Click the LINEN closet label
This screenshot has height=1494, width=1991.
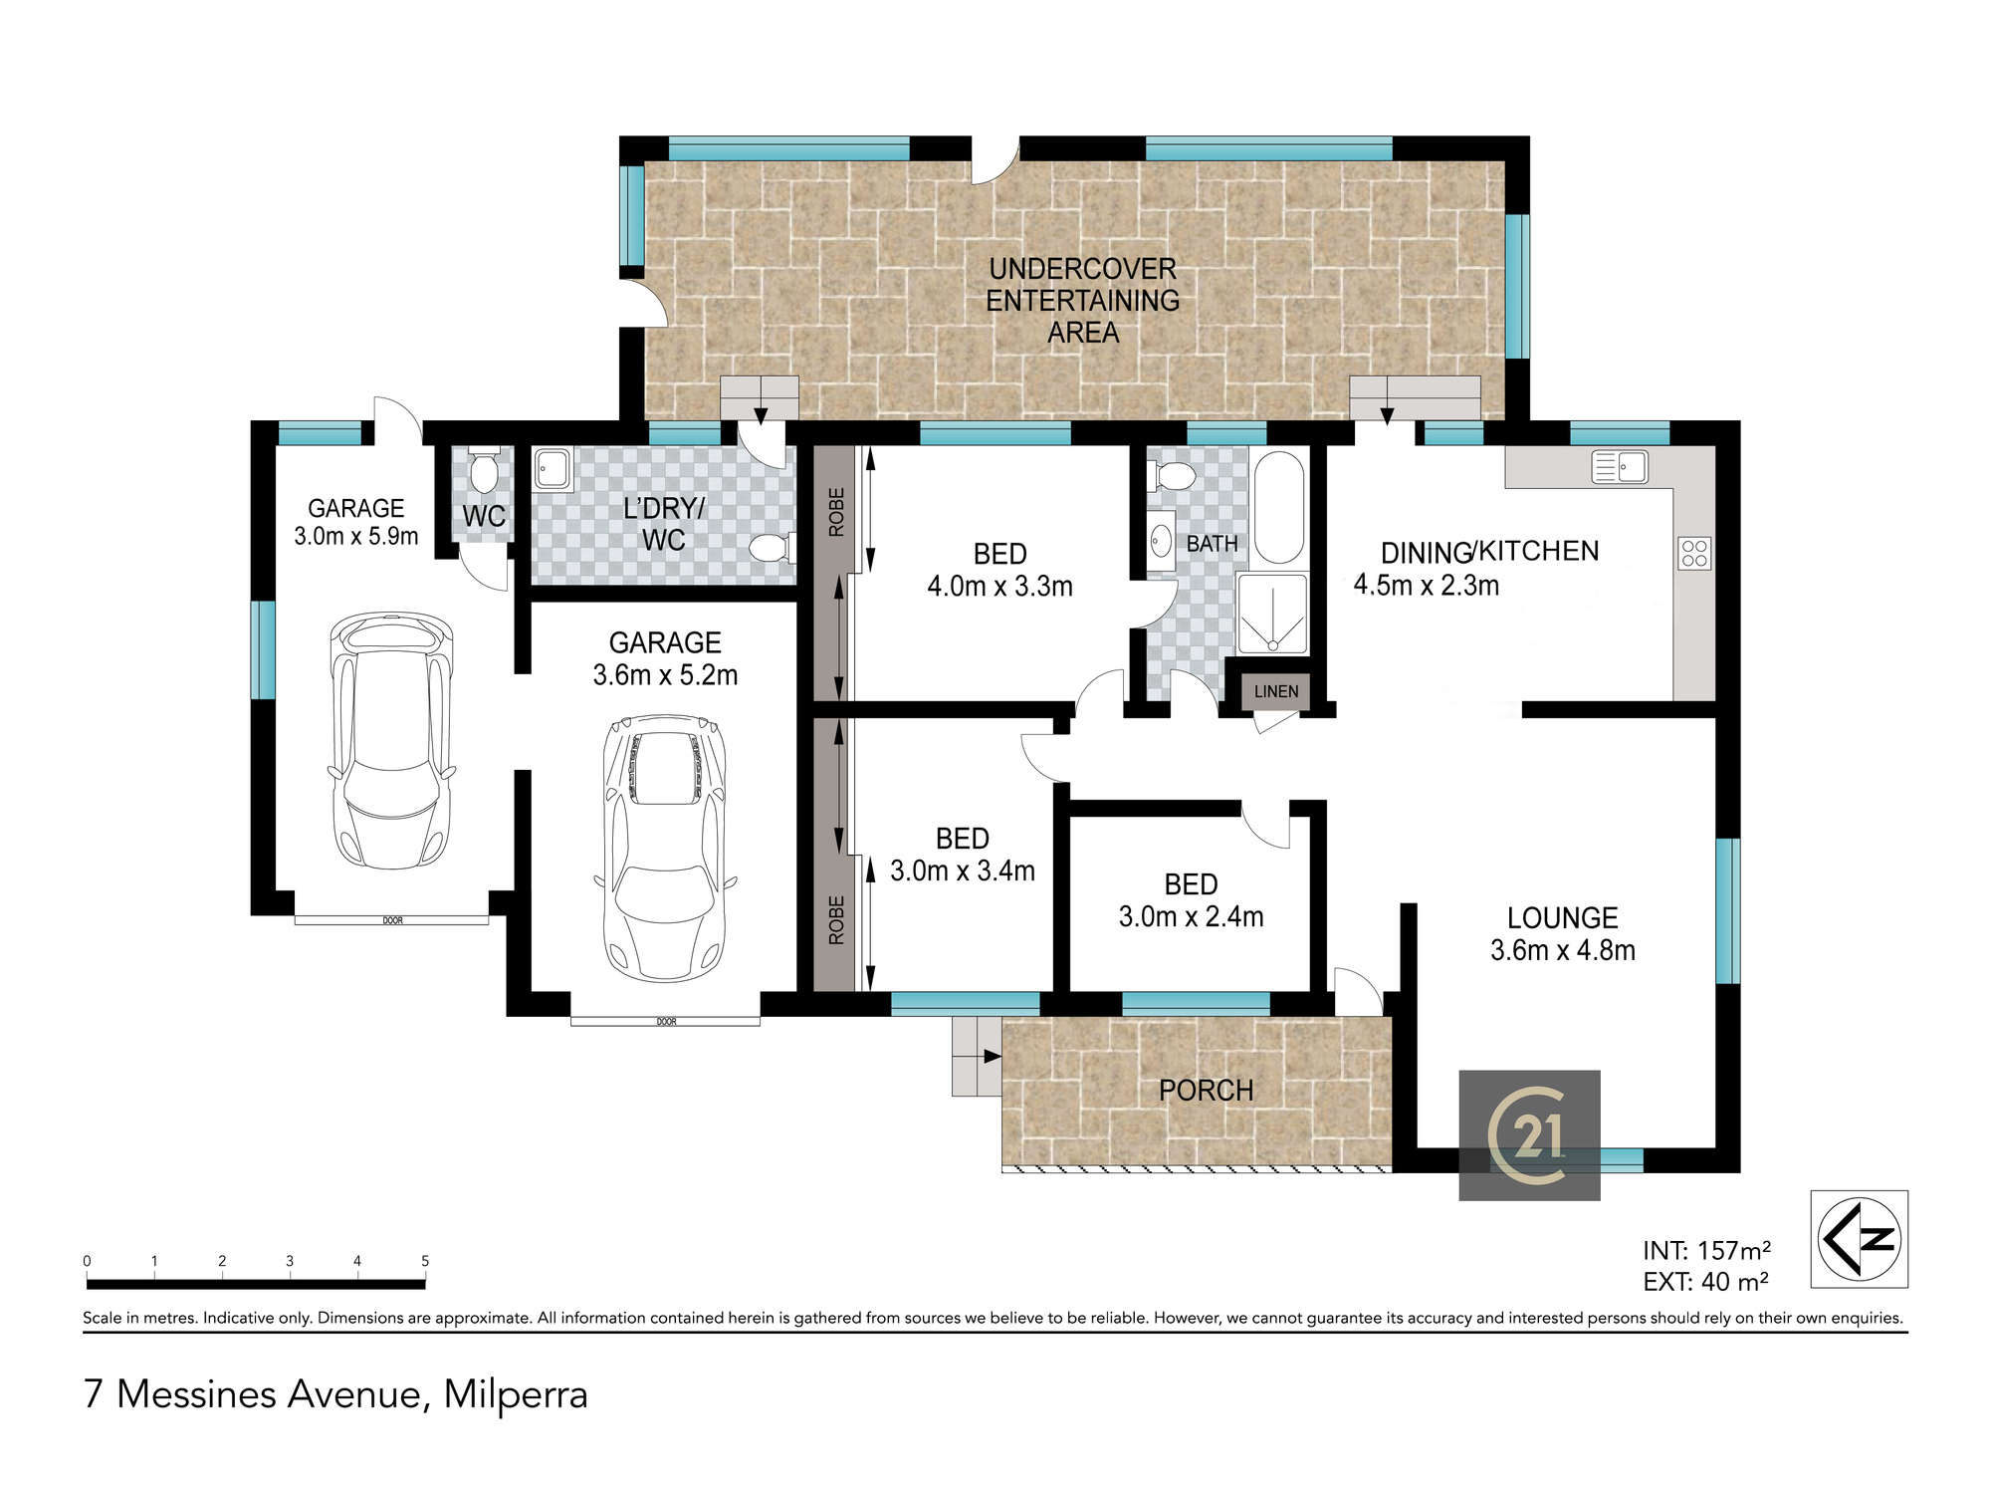pyautogui.click(x=1276, y=691)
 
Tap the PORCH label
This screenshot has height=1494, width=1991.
pyautogui.click(x=1206, y=1091)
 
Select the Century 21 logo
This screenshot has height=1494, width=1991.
pyautogui.click(x=1529, y=1135)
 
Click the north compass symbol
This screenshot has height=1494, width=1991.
pyautogui.click(x=1859, y=1239)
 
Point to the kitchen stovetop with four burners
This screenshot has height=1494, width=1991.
pyautogui.click(x=1694, y=553)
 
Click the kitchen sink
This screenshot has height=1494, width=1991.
pyautogui.click(x=1620, y=466)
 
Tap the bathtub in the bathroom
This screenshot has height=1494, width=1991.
pyautogui.click(x=1278, y=508)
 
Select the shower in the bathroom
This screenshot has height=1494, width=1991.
pyautogui.click(x=1272, y=614)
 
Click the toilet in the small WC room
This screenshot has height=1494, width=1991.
pyautogui.click(x=484, y=471)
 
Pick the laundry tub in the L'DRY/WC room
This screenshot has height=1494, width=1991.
pyautogui.click(x=553, y=469)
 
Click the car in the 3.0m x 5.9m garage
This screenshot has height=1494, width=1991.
pyautogui.click(x=391, y=740)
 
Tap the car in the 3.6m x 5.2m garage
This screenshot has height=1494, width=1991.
pyautogui.click(x=665, y=848)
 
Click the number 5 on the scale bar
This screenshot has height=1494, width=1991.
pyautogui.click(x=425, y=1261)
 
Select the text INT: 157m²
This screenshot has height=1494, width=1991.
pyautogui.click(x=1706, y=1250)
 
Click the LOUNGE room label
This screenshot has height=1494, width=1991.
pyautogui.click(x=1562, y=917)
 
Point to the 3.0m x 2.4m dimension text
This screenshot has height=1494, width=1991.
pyautogui.click(x=1191, y=916)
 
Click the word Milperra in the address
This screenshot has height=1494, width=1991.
pyautogui.click(x=516, y=1394)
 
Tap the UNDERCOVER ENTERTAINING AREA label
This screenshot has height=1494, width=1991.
pyautogui.click(x=1083, y=300)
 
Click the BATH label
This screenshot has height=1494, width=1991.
pyautogui.click(x=1212, y=544)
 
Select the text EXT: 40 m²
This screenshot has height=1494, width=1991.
pyautogui.click(x=1705, y=1282)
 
